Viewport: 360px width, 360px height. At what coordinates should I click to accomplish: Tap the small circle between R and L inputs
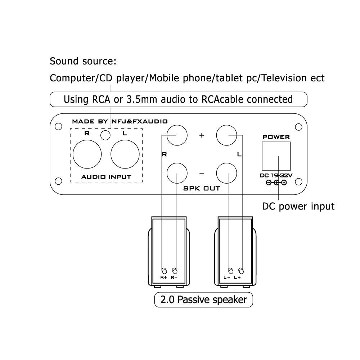point(105,135)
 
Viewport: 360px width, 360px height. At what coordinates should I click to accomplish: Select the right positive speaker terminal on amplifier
point(177,135)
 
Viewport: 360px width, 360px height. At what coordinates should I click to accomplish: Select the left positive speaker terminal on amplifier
point(227,135)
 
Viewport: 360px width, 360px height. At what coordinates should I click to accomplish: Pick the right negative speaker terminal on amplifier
point(177,173)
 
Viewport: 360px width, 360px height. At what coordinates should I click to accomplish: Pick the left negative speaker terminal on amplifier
point(227,173)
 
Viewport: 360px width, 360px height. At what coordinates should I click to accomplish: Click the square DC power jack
point(276,156)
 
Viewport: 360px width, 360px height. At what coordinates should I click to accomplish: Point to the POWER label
point(276,137)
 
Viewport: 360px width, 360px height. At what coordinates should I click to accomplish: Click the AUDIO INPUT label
point(106,177)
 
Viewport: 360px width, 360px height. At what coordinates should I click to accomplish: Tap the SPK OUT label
point(202,188)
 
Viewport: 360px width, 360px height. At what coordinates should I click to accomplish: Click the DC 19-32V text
point(276,176)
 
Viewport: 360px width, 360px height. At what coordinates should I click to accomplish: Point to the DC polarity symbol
point(276,183)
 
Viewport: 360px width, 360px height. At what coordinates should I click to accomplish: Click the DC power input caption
point(298,206)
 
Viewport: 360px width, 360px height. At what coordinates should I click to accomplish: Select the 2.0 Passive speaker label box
point(204,300)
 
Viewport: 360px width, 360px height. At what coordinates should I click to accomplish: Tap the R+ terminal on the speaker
point(164,271)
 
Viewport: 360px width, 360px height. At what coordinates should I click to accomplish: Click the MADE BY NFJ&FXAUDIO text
point(120,121)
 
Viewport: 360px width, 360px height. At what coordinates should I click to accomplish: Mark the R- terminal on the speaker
point(175,271)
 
